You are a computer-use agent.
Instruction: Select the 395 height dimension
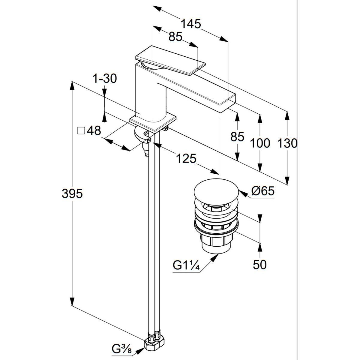coord(72,193)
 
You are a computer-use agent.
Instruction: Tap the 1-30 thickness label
coord(104,79)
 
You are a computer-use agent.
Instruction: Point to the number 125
coord(186,158)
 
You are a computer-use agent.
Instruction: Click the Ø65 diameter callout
coord(263,191)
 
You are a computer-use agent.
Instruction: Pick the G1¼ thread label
coord(186,266)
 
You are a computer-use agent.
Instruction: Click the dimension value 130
coord(287,143)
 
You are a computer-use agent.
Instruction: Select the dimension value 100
coord(260,143)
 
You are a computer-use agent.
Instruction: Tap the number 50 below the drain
coord(260,265)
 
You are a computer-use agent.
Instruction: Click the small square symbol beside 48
coord(81,131)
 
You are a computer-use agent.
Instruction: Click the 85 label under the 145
coord(175,37)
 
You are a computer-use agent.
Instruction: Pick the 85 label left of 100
coord(237,136)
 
